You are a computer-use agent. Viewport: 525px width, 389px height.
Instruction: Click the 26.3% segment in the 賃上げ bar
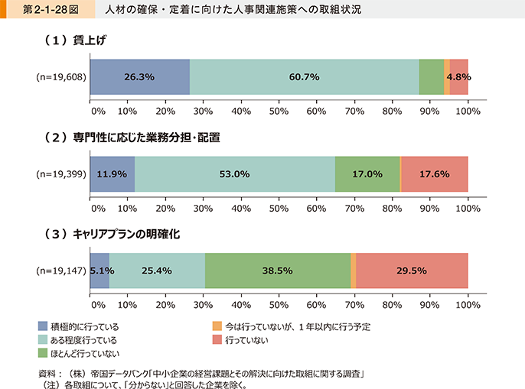(x=139, y=77)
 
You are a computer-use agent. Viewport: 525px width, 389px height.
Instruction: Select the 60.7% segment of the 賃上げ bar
(x=304, y=77)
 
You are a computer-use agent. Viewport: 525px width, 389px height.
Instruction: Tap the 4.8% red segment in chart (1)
(x=458, y=77)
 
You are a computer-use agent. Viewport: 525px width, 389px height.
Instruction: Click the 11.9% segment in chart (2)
(x=112, y=174)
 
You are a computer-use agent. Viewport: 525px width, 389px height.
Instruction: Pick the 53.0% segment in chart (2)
(x=235, y=174)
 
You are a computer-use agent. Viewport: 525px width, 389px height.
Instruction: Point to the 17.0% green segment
(x=367, y=174)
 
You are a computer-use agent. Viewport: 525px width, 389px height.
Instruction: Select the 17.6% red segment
(x=435, y=174)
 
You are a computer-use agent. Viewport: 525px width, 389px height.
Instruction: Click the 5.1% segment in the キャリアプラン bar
(x=100, y=271)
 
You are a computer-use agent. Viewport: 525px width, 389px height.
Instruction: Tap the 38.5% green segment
(x=278, y=271)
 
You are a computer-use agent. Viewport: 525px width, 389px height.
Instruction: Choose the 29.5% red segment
(x=412, y=271)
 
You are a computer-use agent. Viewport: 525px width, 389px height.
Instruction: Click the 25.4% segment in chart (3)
(x=157, y=271)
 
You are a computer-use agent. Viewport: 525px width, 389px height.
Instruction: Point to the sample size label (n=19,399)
(x=61, y=174)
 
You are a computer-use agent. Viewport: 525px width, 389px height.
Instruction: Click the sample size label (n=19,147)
(x=61, y=271)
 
